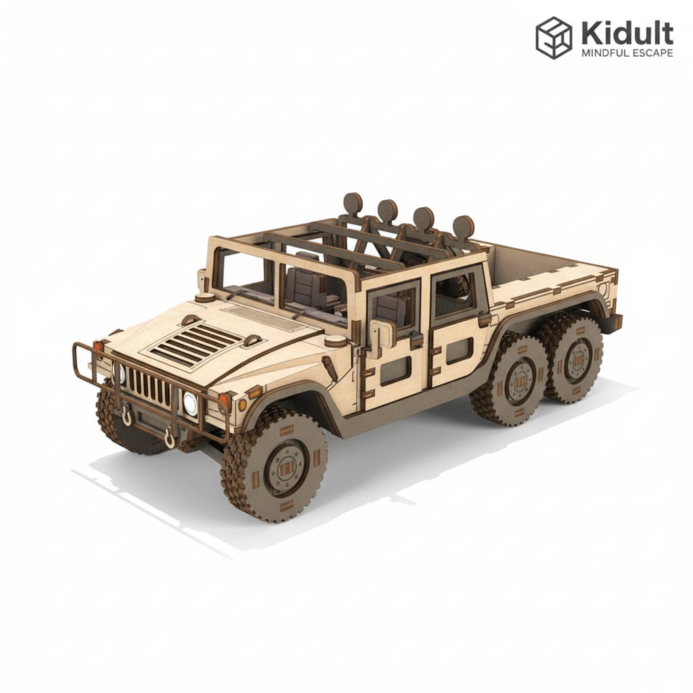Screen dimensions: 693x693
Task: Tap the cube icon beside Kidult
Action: tap(554, 38)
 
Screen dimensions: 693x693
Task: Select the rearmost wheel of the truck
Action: tap(575, 363)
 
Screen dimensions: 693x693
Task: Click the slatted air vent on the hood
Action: tap(197, 343)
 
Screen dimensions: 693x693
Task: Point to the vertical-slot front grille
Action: tap(150, 388)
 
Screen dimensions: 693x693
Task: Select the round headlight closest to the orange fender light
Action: tap(190, 404)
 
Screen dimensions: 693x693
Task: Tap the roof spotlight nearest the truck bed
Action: tap(464, 226)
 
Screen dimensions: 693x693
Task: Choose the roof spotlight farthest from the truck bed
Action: tap(352, 203)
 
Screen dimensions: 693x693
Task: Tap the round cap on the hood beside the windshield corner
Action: tap(204, 297)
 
